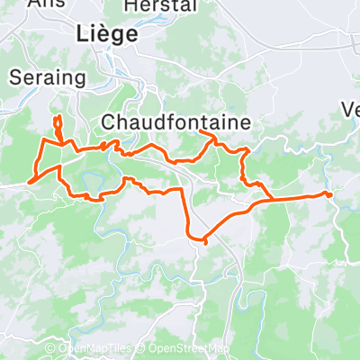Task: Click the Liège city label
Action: tap(107, 34)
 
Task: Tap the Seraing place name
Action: tap(47, 78)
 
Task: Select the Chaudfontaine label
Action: tap(175, 121)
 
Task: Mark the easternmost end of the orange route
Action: tap(330, 194)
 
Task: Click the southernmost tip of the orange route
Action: tap(205, 241)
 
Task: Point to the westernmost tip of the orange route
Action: tap(30, 182)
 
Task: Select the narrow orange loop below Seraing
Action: tap(58, 126)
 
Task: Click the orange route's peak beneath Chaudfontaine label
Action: tap(209, 134)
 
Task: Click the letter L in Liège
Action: tap(82, 34)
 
